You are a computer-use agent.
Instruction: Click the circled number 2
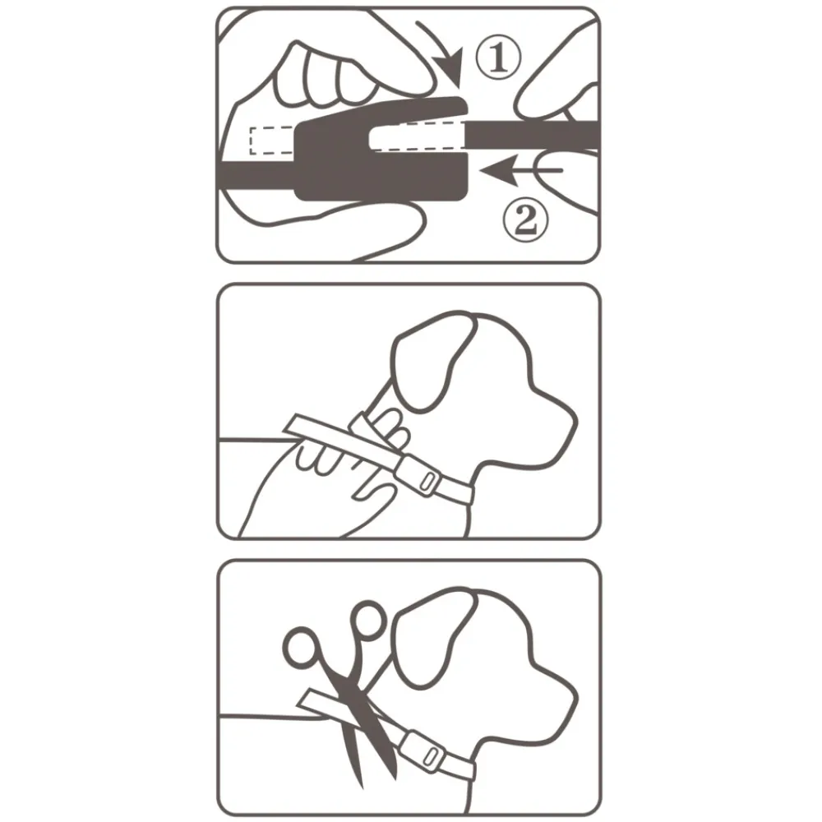[525, 221]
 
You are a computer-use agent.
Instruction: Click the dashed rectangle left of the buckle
[271, 141]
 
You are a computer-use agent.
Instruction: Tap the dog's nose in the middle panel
[571, 423]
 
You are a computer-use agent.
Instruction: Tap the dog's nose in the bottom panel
[571, 700]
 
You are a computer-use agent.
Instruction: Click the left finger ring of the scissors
[301, 649]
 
